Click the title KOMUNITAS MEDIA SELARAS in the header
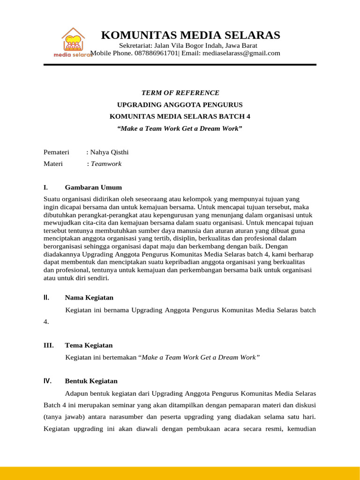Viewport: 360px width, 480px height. coord(191,35)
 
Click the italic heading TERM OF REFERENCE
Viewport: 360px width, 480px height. coord(180,93)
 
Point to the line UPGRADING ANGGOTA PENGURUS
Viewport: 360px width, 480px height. coord(180,105)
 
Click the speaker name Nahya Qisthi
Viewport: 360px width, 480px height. coord(109,152)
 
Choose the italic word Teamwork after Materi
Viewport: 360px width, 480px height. coord(106,164)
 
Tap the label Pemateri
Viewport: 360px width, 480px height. coord(56,152)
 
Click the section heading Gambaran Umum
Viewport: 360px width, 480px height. coord(93,187)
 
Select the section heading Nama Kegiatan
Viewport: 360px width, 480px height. coord(89,298)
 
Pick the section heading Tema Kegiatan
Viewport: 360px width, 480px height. coord(89,345)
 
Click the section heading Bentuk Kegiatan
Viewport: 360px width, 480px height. coord(91,381)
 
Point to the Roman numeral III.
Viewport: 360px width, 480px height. coord(48,345)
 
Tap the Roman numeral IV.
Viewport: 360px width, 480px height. coord(47,381)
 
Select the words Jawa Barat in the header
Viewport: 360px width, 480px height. coord(241,45)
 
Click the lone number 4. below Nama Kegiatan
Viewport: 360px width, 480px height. coord(46,322)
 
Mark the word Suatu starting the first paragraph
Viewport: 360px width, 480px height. coord(52,199)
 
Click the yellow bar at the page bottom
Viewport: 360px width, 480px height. coord(180,473)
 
